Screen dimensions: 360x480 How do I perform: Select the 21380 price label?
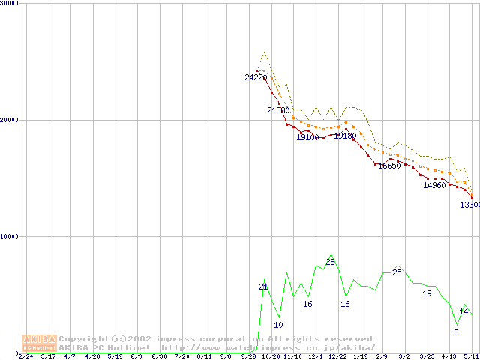click(278, 110)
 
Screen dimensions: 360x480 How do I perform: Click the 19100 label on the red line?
click(307, 137)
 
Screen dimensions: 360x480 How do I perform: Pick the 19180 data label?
click(345, 136)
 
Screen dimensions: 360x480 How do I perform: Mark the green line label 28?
click(330, 262)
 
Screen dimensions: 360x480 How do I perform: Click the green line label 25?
click(397, 272)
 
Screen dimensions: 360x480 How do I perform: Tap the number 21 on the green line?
click(263, 286)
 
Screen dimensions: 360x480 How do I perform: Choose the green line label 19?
click(427, 293)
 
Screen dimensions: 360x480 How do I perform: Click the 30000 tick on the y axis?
click(10, 3)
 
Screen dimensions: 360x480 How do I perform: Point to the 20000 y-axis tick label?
click(10, 120)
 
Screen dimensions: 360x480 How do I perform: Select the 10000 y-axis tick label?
click(10, 236)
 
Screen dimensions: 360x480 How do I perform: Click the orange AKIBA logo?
click(39, 343)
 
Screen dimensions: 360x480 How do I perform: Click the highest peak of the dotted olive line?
click(264, 52)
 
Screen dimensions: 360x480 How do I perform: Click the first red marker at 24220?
click(256, 70)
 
